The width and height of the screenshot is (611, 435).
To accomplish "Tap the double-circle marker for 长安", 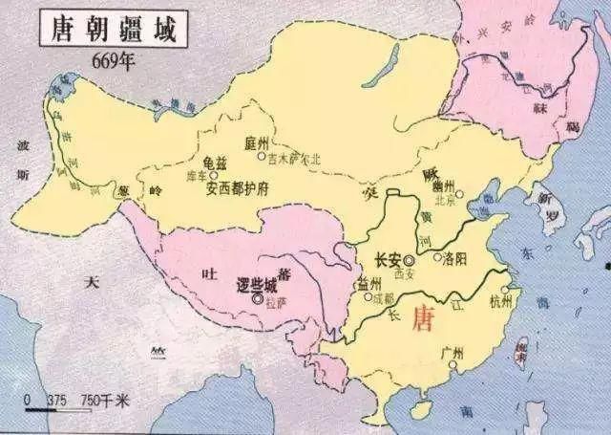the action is (409, 259).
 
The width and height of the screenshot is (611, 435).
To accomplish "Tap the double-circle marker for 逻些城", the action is (257, 299).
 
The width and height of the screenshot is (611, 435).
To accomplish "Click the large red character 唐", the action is (421, 318).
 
